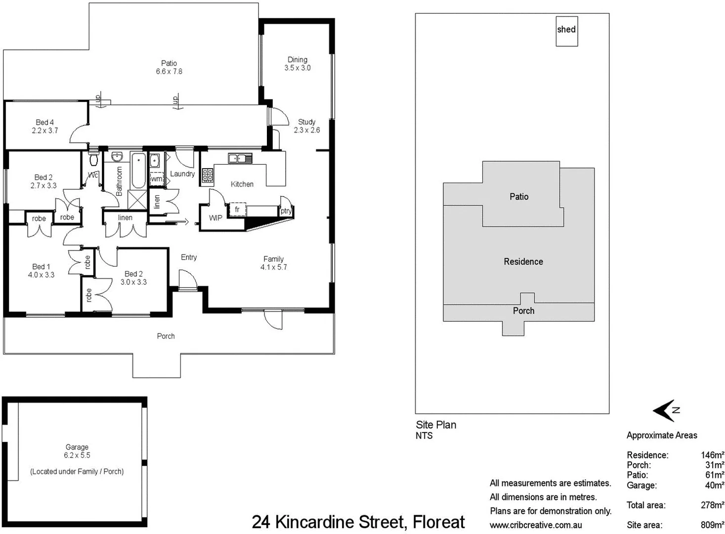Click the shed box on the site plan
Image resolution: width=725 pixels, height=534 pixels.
[566, 30]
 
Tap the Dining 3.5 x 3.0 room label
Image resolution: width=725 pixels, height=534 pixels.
[298, 64]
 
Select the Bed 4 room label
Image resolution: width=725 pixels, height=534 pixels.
[45, 127]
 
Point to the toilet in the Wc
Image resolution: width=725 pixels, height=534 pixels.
[93, 159]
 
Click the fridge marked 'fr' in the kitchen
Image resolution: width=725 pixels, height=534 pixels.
[237, 210]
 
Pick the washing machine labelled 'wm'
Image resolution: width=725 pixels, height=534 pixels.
[156, 178]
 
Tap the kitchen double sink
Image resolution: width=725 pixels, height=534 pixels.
[240, 158]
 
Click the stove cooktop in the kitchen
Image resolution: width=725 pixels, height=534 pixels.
[208, 174]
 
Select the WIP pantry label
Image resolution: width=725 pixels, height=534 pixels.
[215, 218]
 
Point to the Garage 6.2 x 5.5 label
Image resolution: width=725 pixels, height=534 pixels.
[77, 451]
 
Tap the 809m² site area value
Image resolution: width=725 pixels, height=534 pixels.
[712, 525]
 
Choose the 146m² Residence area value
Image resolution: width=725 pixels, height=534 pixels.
[712, 455]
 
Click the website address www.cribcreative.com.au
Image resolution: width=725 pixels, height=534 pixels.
[536, 525]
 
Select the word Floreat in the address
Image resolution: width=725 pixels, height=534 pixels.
[439, 522]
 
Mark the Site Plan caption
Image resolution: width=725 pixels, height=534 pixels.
[436, 425]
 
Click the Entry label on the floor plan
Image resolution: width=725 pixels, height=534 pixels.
[189, 257]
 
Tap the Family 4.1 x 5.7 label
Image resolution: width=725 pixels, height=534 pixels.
[274, 263]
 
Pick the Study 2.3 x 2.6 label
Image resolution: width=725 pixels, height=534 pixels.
[307, 126]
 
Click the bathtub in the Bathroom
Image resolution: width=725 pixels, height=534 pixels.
[138, 170]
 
